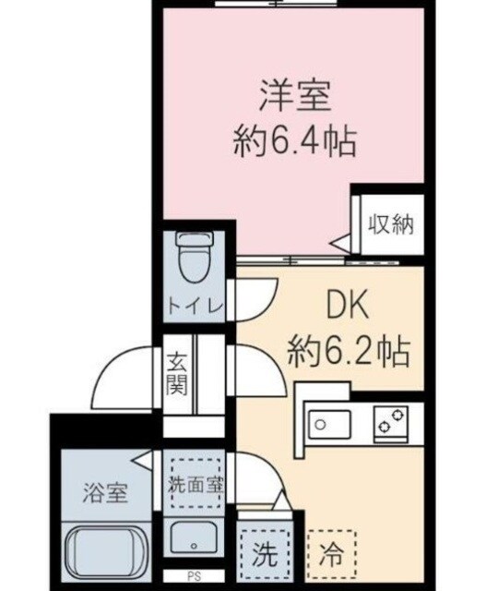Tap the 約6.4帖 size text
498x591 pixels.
293,141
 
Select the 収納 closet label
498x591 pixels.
390,223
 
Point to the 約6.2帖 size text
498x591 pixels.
348,349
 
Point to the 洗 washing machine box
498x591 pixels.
262,557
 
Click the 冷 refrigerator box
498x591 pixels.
330,557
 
